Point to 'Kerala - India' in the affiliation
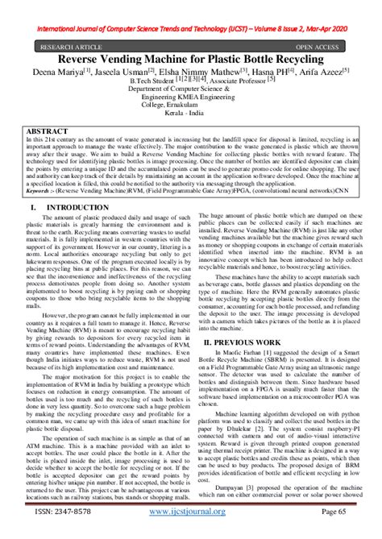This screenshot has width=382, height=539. pos(191,117)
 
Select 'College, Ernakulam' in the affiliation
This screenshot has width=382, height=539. pos(191,106)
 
